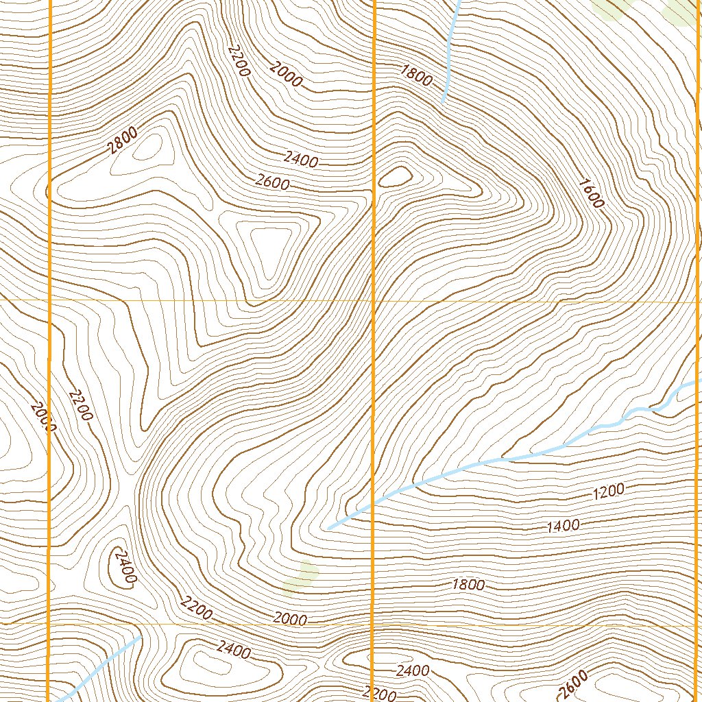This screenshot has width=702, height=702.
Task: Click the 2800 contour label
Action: (x=123, y=142)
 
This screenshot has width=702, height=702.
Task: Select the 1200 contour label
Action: (x=608, y=490)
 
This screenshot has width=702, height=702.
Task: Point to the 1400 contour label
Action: (x=564, y=526)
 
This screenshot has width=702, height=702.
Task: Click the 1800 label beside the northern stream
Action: (x=417, y=75)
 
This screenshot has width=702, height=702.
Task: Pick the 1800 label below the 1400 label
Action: (x=469, y=585)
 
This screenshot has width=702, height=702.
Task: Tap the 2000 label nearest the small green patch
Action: (x=290, y=619)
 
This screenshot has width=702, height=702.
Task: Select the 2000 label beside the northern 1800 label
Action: (x=286, y=74)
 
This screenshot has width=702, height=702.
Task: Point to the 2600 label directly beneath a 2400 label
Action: (x=273, y=183)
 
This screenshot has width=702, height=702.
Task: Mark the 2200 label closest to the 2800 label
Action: (x=239, y=62)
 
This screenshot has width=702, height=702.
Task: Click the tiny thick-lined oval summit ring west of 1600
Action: (x=394, y=177)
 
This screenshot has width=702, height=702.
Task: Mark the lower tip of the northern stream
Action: (x=443, y=101)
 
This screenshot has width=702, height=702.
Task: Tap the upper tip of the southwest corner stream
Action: (x=140, y=637)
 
